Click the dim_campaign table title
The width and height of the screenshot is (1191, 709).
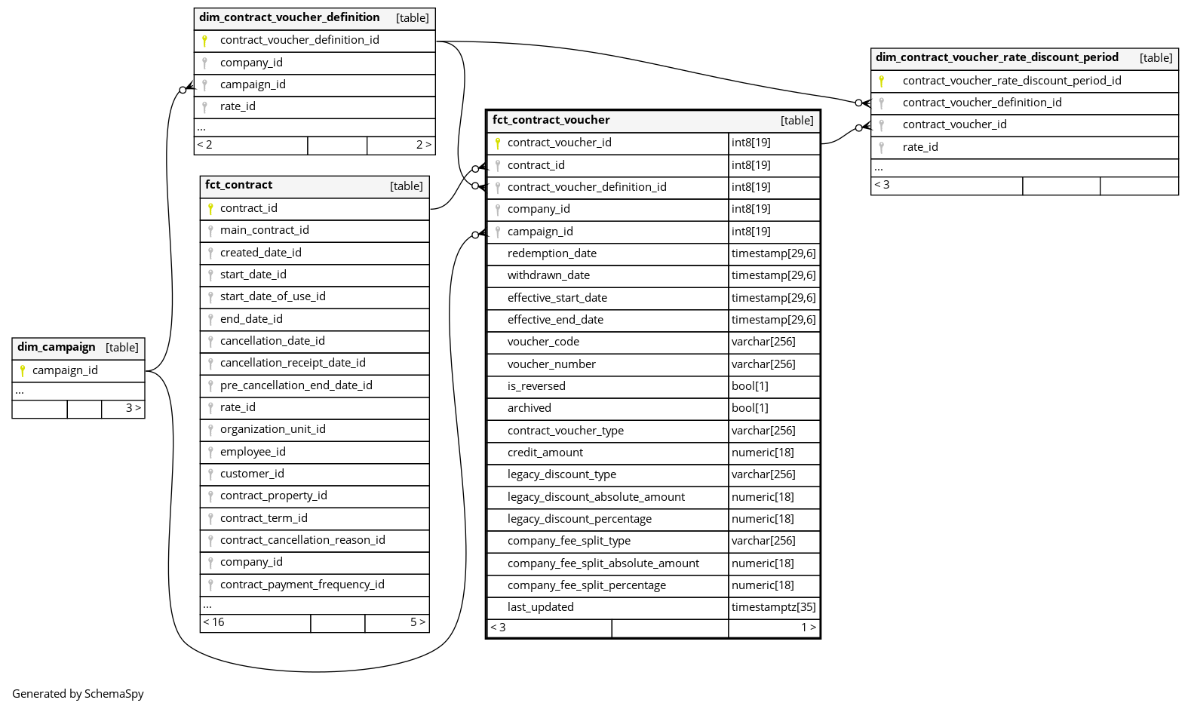pos(57,347)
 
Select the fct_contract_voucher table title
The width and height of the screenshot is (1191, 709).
pos(551,120)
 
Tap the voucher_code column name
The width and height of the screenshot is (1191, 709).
pos(543,342)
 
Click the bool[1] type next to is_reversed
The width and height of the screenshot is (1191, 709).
pos(750,386)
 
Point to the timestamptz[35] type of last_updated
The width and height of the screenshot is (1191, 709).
pos(773,607)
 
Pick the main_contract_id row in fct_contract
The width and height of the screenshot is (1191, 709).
pos(264,230)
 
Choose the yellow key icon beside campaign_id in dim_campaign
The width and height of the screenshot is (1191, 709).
pos(23,370)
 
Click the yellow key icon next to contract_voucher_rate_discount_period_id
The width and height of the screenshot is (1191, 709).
pos(881,81)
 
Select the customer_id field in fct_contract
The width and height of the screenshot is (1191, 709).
pos(252,474)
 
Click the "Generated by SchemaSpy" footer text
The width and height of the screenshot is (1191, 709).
pos(78,694)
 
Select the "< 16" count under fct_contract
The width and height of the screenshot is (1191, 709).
pos(213,622)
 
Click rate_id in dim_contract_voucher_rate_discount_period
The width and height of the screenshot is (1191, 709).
pos(920,147)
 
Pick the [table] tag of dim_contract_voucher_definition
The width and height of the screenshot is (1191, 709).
pos(412,18)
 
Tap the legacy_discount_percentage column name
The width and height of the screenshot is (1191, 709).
pos(579,519)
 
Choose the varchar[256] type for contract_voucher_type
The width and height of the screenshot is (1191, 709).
pos(763,431)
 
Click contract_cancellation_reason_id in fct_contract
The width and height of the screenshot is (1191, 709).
pos(302,540)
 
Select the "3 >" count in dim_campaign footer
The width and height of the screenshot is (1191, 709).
pos(133,408)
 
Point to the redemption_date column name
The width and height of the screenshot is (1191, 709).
pos(551,253)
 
